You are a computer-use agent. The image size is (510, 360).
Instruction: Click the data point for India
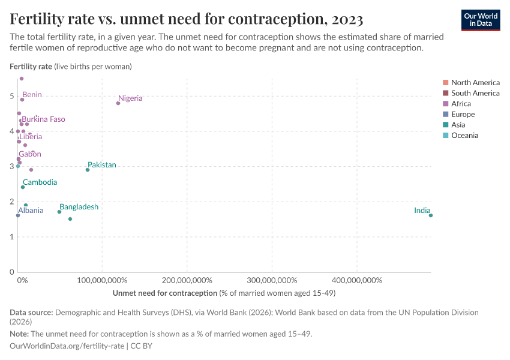[x=431, y=215]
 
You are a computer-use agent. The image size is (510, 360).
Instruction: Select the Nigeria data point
[x=118, y=103]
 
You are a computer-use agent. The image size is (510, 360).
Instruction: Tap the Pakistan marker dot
[x=88, y=170]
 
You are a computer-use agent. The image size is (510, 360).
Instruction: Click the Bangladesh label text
[x=79, y=207]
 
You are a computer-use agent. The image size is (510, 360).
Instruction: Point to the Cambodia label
[x=40, y=182]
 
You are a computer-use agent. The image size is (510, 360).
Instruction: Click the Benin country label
[x=32, y=95]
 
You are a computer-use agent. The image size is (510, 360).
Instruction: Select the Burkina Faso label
[x=43, y=119]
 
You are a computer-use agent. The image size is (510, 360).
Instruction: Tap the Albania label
[x=31, y=211]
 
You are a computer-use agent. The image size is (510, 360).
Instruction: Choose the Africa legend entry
[x=461, y=104]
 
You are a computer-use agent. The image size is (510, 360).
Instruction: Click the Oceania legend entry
[x=464, y=136]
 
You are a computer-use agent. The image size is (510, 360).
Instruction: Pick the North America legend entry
[x=475, y=83]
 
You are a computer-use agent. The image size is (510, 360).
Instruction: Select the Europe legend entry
[x=463, y=115]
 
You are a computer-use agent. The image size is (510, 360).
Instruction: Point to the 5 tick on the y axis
[x=11, y=96]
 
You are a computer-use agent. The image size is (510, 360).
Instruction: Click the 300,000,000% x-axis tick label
[x=272, y=280]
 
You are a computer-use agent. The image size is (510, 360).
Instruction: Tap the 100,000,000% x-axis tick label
[x=102, y=280]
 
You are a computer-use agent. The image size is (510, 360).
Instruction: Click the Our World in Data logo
[x=481, y=20]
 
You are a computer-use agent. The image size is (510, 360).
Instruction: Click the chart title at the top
[x=187, y=19]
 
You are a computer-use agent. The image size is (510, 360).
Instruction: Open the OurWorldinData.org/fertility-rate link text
[x=67, y=346]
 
